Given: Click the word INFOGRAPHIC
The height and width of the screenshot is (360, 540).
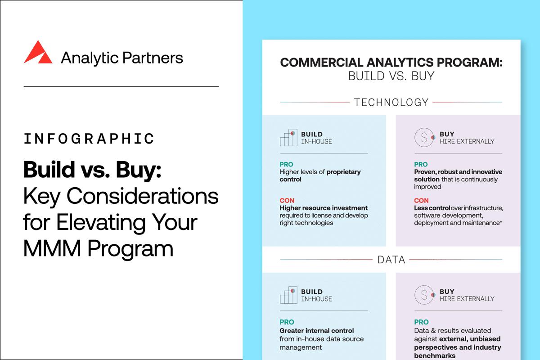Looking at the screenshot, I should pyautogui.click(x=89, y=139).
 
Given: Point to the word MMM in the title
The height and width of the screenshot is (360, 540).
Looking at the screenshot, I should pyautogui.click(x=45, y=248).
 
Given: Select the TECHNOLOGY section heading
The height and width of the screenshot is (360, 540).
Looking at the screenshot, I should pyautogui.click(x=391, y=102).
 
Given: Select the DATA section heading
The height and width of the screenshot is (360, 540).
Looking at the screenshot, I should pyautogui.click(x=391, y=260).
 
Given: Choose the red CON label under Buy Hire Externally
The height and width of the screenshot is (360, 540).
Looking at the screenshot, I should pyautogui.click(x=421, y=200).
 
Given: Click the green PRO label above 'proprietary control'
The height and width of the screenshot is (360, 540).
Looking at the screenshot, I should pyautogui.click(x=287, y=164).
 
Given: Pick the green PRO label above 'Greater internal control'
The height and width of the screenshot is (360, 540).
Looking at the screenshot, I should pyautogui.click(x=287, y=322).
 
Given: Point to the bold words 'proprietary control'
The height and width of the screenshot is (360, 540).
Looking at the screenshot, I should pyautogui.click(x=320, y=175).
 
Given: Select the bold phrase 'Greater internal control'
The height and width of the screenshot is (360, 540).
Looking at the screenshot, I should pyautogui.click(x=317, y=331).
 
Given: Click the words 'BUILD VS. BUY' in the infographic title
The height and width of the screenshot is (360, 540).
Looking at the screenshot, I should pyautogui.click(x=391, y=76).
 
